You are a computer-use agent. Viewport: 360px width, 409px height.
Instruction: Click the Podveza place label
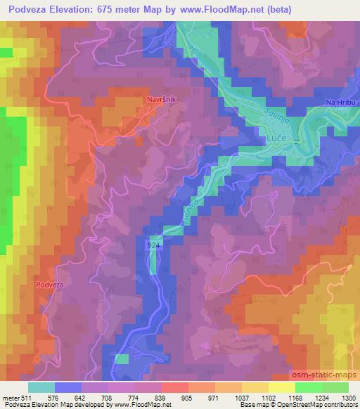click(x=49, y=285)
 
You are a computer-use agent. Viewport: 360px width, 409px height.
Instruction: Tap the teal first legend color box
click(x=41, y=387)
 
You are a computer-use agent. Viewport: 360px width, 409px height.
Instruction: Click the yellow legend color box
click(x=281, y=387)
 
